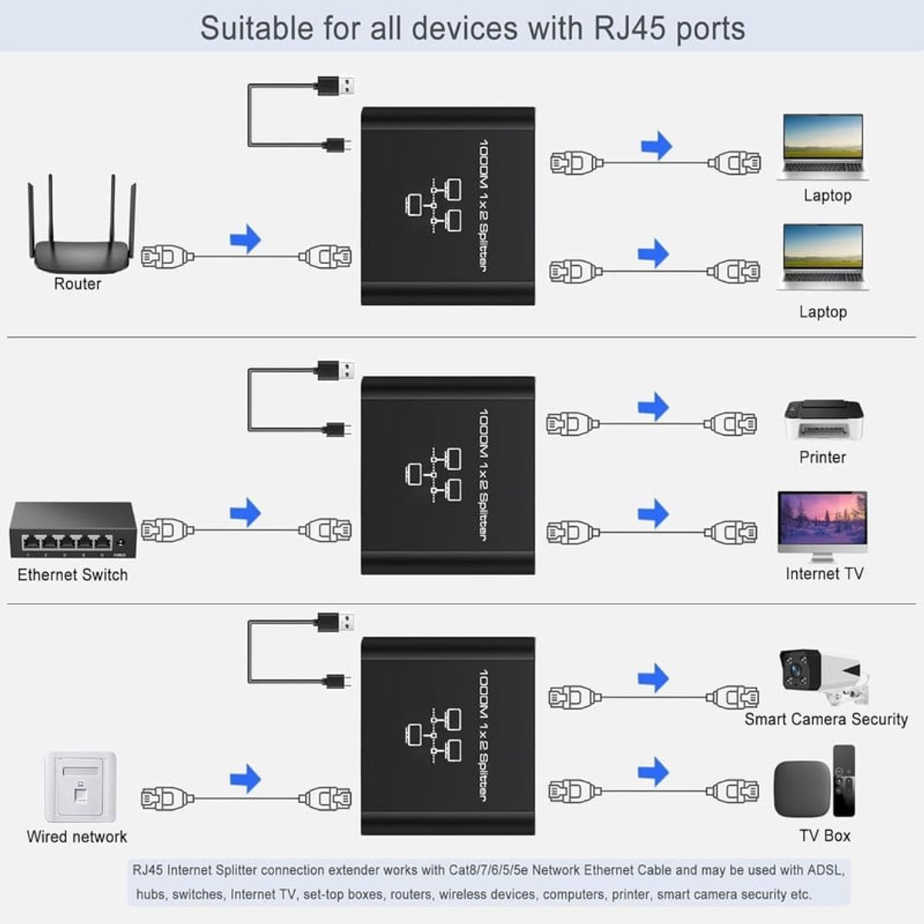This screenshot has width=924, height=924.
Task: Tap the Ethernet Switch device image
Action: pos(72,531)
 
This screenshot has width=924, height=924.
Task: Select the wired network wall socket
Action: pos(80,787)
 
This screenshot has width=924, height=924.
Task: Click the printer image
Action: pos(823,420)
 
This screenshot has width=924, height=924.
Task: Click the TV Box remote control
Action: pos(844,780)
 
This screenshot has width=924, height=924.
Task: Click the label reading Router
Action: pos(77,284)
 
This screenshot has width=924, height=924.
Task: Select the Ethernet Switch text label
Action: pos(72,575)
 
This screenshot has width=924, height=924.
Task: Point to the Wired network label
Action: pos(76,837)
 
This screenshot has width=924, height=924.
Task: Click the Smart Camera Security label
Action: pos(825,719)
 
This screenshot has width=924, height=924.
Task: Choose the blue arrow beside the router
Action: pos(246,239)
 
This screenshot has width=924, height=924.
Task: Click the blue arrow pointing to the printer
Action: pos(654,407)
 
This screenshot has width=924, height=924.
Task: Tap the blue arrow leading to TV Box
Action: pos(654,772)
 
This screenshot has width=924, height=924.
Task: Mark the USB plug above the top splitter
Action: pos(336,85)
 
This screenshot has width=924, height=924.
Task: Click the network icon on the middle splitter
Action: pos(433,472)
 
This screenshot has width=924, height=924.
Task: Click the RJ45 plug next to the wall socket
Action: pos(165,798)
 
